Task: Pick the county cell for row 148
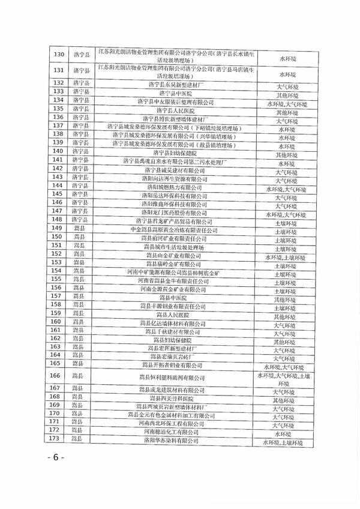pyautogui.click(x=80, y=221)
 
